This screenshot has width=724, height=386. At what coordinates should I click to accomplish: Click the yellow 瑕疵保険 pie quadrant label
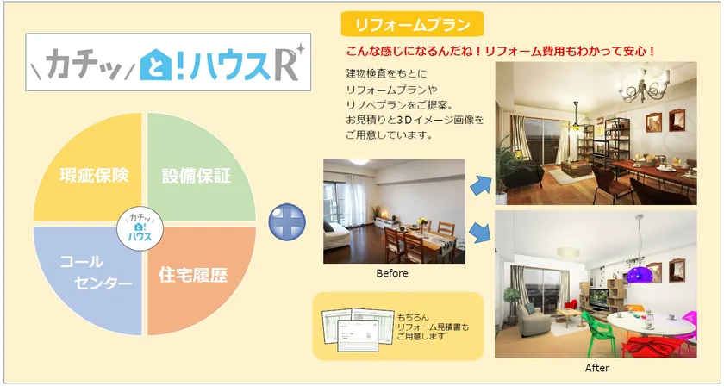(94, 176)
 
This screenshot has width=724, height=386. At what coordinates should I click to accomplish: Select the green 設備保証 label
(197, 176)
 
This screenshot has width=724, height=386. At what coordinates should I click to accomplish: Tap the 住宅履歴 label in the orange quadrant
(193, 275)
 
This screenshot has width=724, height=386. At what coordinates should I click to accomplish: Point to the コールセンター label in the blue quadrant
(97, 272)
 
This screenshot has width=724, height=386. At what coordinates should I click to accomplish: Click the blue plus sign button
(287, 222)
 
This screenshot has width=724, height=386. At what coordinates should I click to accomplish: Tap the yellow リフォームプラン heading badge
(412, 24)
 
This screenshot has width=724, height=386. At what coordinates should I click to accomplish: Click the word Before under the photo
(392, 273)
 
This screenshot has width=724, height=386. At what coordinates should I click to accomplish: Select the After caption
(597, 368)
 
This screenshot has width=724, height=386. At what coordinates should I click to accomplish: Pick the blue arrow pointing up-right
(481, 185)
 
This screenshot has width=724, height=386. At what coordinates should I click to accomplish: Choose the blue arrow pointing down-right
(480, 233)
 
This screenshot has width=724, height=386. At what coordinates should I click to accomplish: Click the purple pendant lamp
(639, 274)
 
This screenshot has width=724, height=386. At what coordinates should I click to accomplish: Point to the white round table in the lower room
(651, 324)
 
